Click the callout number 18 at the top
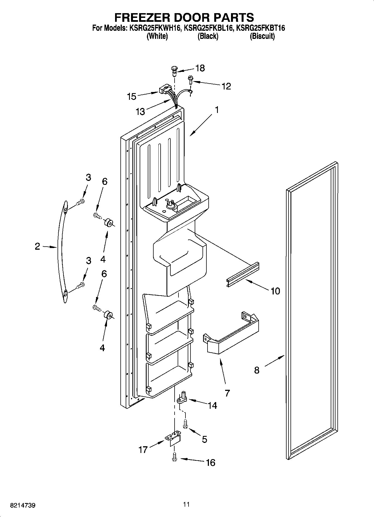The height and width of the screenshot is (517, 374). pos(200,68)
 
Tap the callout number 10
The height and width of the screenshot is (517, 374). pos(275,291)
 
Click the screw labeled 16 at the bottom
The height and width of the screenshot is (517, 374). pos(175,458)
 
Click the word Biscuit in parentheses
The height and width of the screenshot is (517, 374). pos(262,36)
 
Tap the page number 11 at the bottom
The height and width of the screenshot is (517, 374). pos(186,504)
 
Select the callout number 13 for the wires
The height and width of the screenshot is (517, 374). pos(140,112)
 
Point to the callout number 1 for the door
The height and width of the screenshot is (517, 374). pos(216,110)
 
